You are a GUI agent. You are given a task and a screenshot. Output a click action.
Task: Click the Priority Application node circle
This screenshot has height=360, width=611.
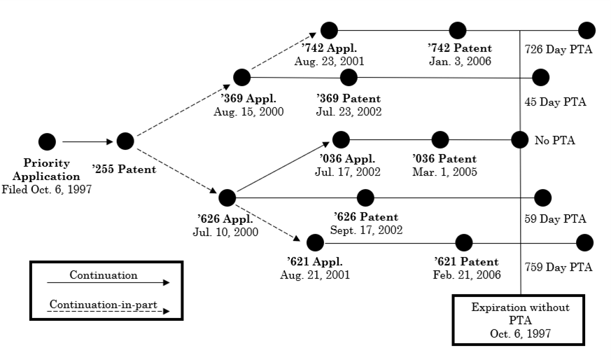click(x=47, y=141)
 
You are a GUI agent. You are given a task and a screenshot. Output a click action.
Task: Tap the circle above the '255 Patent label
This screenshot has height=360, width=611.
click(x=125, y=141)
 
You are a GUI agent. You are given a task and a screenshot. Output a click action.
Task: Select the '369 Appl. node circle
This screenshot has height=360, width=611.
click(x=241, y=77)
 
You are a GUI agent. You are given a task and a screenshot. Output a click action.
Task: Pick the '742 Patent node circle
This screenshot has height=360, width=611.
click(x=458, y=30)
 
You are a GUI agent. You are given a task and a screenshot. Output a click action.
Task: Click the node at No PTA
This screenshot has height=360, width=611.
click(x=519, y=139)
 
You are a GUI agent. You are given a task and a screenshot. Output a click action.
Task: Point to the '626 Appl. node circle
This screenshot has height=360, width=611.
click(x=227, y=198)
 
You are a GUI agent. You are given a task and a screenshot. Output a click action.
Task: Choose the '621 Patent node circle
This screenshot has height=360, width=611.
click(x=463, y=242)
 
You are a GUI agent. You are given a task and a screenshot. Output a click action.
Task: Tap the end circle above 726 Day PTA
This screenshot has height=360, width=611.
click(x=587, y=30)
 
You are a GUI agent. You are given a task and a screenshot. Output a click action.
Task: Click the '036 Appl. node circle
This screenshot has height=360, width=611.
click(x=341, y=139)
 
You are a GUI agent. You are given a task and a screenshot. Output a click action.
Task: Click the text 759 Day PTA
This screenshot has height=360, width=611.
click(x=559, y=267)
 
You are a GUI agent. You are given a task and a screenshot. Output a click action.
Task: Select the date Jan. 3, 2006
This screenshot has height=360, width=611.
click(x=459, y=61)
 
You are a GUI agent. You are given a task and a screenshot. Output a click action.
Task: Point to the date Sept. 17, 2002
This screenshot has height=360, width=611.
click(x=365, y=229)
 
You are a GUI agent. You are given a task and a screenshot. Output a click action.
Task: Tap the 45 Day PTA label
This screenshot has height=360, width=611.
click(x=555, y=102)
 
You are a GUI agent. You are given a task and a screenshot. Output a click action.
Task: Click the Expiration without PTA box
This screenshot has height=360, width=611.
click(x=519, y=320)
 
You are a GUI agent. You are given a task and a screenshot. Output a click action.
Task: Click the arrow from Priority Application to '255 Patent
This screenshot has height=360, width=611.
click(x=87, y=141)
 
